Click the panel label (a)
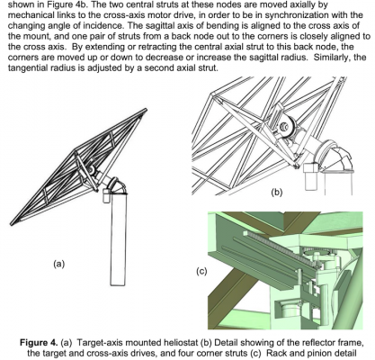58,263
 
